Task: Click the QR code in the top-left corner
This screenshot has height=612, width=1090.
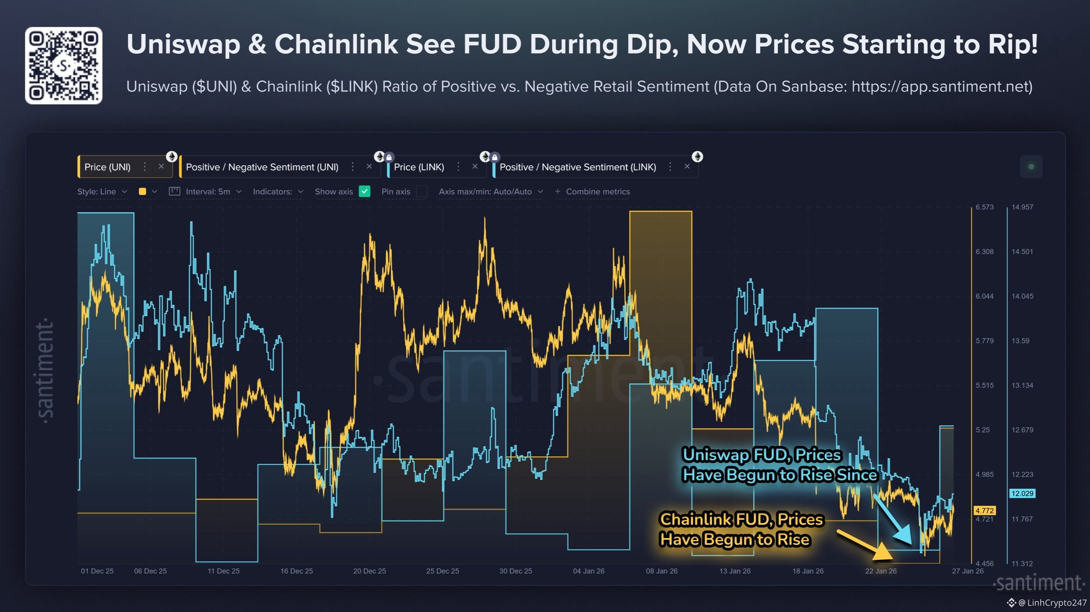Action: (63, 65)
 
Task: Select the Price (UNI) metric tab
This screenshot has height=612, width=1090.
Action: (107, 167)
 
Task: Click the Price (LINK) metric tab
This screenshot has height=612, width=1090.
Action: (419, 167)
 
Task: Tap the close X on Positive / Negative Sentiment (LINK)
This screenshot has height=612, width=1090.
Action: (687, 167)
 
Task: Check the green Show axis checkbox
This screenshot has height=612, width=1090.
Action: (364, 192)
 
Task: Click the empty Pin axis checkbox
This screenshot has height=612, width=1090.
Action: (421, 192)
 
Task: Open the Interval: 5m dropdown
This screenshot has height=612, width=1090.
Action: (207, 192)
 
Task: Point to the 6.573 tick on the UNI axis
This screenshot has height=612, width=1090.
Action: (984, 207)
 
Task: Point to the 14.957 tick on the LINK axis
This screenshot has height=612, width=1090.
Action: (1022, 207)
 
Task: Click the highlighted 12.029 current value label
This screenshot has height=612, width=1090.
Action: (1022, 493)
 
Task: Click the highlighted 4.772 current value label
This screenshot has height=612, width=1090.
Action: (984, 510)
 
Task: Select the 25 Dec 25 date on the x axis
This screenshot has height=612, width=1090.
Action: (442, 571)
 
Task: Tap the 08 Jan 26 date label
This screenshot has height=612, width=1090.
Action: (661, 571)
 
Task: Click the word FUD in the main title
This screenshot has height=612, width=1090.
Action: (492, 44)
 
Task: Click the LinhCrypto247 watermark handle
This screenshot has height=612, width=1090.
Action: (1055, 602)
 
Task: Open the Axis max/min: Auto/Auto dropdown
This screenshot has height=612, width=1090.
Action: (490, 192)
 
